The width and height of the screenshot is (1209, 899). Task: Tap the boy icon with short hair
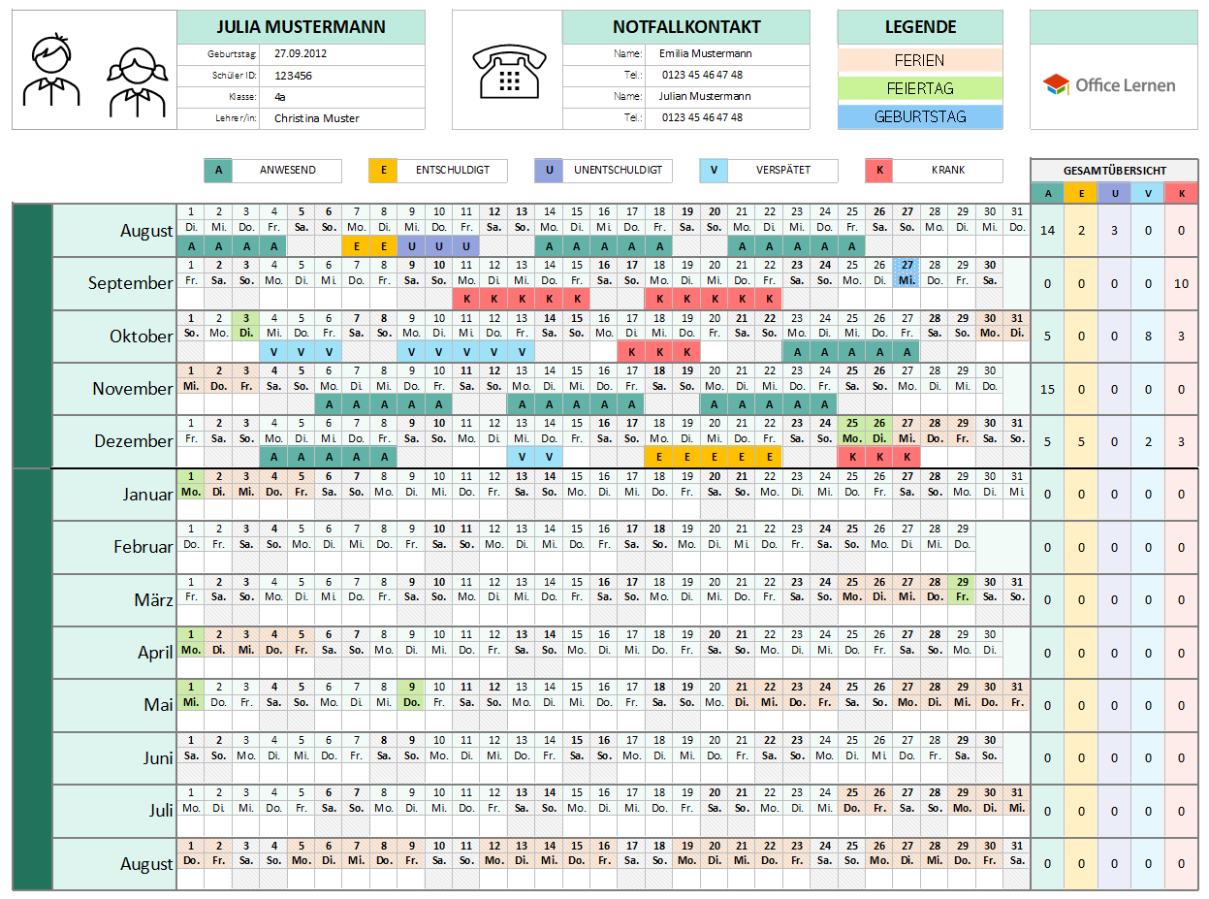[x=51, y=71]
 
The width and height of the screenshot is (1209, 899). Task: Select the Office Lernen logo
[x=1110, y=85]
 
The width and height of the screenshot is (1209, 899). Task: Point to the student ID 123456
[x=293, y=76]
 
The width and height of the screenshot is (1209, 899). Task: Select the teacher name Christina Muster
[x=316, y=118]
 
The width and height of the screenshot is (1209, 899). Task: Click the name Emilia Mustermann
[x=705, y=54]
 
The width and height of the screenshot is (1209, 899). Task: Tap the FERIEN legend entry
[x=919, y=61]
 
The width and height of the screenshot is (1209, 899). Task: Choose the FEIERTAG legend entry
[x=919, y=89]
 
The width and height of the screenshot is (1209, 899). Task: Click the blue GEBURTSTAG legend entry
[x=919, y=117]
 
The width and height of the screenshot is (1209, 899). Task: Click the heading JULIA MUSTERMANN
[x=301, y=27]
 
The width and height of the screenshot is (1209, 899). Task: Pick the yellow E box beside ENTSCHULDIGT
[x=384, y=171]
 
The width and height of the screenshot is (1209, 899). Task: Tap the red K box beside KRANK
[x=879, y=171]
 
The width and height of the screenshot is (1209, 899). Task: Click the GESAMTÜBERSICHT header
[x=1114, y=171]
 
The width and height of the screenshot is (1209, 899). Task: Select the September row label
[x=130, y=283]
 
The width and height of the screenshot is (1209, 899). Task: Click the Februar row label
[x=143, y=547]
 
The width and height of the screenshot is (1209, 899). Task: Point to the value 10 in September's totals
[x=1181, y=284]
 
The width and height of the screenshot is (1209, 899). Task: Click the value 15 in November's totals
[x=1047, y=390]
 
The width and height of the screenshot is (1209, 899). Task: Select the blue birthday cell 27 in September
[x=907, y=272]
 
